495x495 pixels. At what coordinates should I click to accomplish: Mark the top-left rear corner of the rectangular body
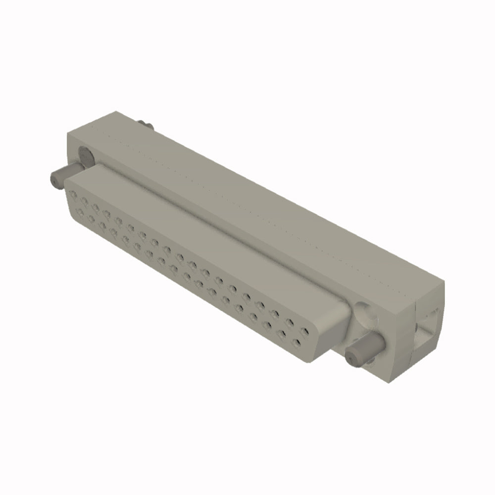click(x=115, y=111)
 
